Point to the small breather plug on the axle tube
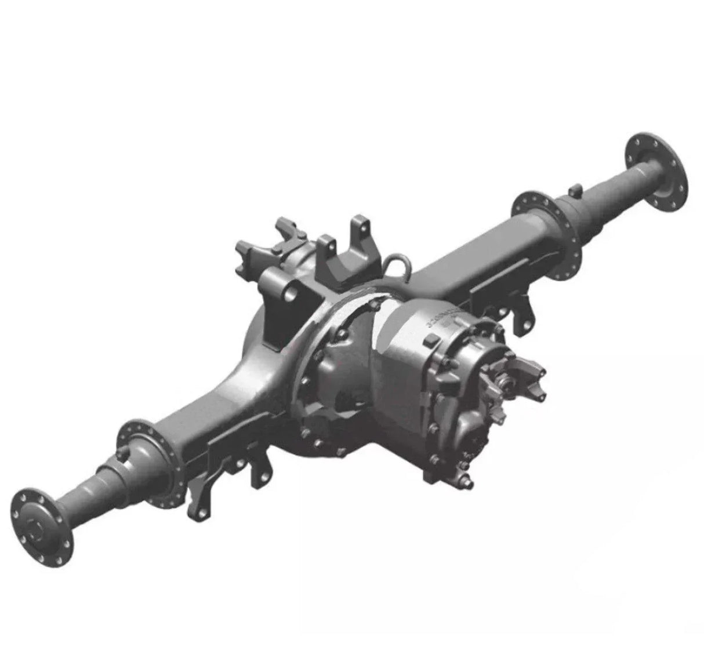point(575,190)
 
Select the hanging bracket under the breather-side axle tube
point(525,313)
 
